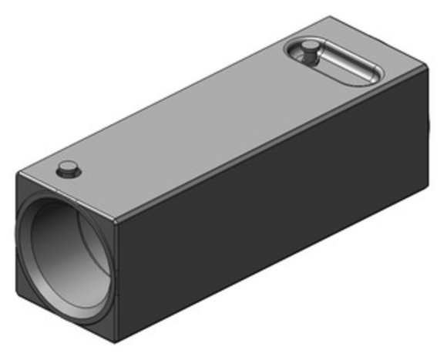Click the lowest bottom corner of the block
[116, 342]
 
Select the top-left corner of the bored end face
[17, 176]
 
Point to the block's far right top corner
[428, 68]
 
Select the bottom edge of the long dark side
[270, 264]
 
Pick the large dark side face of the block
[270, 204]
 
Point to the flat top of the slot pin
[308, 49]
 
